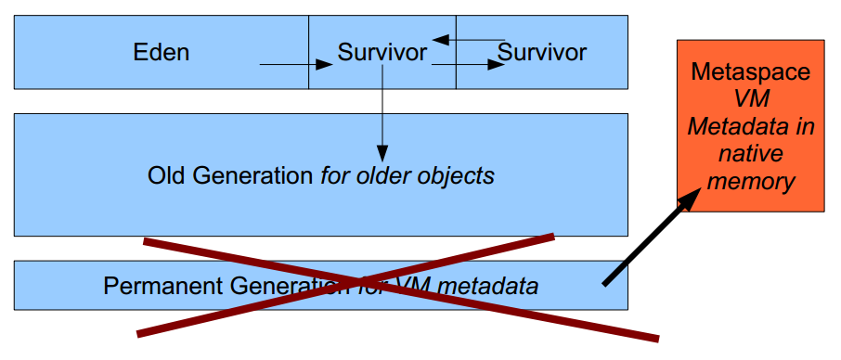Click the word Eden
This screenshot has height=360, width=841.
(x=162, y=52)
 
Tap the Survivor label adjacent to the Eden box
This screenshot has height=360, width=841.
(x=382, y=52)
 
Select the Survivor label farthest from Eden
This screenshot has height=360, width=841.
(x=543, y=52)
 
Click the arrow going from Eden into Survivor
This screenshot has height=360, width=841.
(x=295, y=64)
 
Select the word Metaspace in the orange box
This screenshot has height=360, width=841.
(x=750, y=72)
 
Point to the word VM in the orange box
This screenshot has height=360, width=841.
(x=750, y=99)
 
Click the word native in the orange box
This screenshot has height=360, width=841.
(x=750, y=153)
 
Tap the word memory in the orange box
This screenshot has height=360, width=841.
(x=750, y=180)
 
